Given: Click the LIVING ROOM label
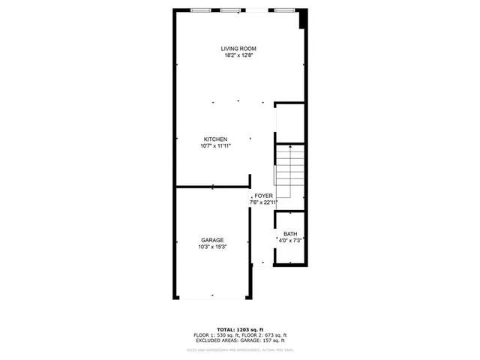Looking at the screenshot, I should point(239,49).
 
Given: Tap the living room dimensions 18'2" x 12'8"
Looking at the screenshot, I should point(239,55).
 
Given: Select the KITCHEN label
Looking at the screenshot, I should point(215,139).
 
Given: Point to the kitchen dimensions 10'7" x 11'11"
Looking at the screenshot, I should point(215,146).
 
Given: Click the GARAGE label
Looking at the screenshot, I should point(211,240).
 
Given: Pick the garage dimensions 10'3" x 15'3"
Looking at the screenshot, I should point(211,247).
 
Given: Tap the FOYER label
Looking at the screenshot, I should point(264,196).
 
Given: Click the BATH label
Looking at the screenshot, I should point(290,234).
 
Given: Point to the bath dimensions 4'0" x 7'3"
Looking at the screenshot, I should point(290,241).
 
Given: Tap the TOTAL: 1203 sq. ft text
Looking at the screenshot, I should point(239,329).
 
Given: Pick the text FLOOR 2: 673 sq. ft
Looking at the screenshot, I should point(264,335).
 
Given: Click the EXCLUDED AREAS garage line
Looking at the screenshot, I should point(239,341).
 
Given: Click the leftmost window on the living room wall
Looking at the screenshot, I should point(200,10).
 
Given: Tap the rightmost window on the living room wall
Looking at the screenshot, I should point(283,10).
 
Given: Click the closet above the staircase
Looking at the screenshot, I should point(289,122).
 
